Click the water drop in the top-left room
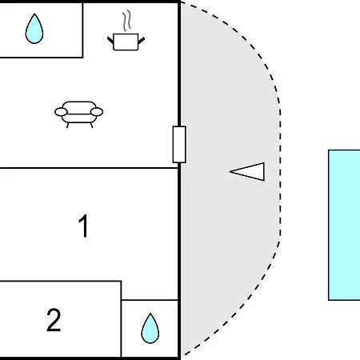point(34,30)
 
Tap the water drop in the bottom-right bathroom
point(150,330)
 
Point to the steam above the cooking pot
point(127,21)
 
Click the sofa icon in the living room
point(79,114)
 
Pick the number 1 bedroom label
point(83,226)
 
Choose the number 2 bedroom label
point(54,320)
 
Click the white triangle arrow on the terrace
point(250,172)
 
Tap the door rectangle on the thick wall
point(179,144)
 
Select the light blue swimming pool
point(344,225)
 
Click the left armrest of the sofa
point(61,112)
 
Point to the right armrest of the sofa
point(97,112)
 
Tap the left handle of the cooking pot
point(110,41)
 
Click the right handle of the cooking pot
point(142,41)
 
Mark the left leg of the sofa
point(67,126)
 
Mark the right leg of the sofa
point(91,126)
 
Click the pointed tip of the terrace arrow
point(230,172)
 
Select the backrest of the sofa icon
point(79,106)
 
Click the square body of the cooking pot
point(126,42)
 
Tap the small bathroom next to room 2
point(150,329)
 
